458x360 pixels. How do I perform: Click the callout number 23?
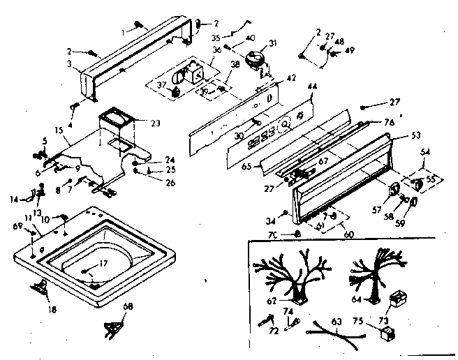click(x=155, y=123)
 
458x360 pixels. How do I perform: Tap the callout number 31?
click(x=274, y=43)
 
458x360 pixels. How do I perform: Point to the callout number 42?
click(x=291, y=78)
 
